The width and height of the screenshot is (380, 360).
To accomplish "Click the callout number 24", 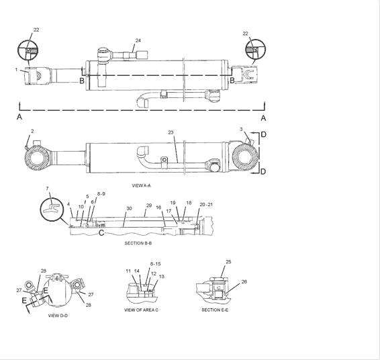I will tap(138, 40).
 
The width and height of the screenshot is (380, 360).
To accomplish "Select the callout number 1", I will tap(16, 70).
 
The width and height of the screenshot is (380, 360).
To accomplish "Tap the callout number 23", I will tap(171, 133).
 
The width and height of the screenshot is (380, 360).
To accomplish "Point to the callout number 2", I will tap(32, 131).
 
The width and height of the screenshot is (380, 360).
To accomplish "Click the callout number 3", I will tap(241, 128).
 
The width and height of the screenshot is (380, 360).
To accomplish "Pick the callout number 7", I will tap(47, 189).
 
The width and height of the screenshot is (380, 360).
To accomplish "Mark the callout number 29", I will tap(149, 205).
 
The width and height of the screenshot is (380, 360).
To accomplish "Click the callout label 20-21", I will tap(205, 204).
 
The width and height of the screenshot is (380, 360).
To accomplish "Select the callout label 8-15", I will tap(155, 264).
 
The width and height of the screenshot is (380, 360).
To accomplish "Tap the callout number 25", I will tap(228, 261).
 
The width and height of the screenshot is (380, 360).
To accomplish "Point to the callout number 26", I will tap(244, 282).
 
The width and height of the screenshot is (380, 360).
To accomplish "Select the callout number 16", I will tap(158, 208).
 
